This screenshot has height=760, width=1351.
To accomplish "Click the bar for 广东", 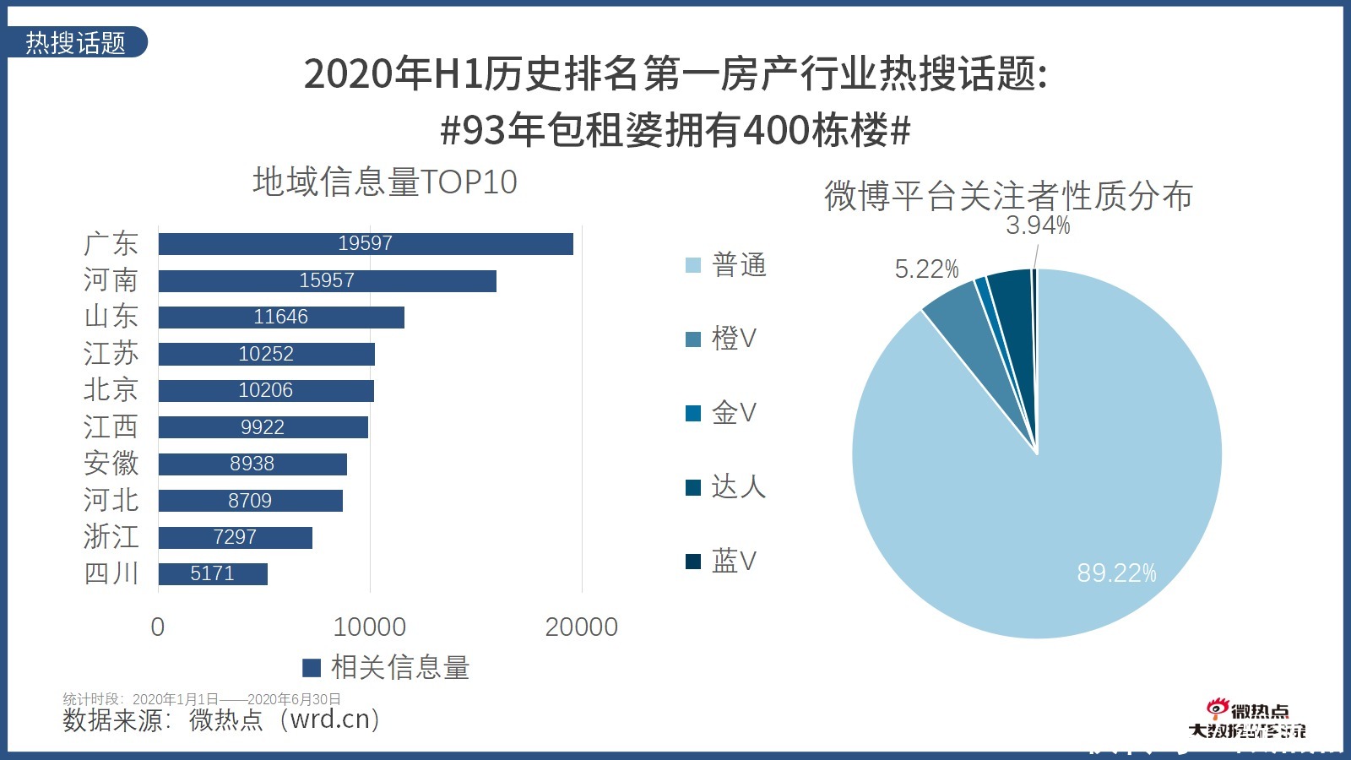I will tap(366, 244).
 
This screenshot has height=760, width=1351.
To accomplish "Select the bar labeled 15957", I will tap(327, 280).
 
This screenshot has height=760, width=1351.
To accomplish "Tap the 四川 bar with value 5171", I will tap(212, 574).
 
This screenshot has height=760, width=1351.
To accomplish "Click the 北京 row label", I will tap(111, 390).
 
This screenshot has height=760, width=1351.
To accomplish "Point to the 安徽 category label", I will tap(111, 464).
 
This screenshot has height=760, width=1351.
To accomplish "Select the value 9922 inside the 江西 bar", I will tap(263, 427).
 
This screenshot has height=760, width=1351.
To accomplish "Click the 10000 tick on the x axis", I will tap(369, 627).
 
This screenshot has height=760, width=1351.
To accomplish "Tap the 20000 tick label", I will tap(581, 627).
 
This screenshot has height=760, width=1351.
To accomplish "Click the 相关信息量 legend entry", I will tap(387, 668).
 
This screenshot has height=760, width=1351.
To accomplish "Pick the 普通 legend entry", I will tap(727, 265).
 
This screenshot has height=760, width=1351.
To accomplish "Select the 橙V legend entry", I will tap(722, 339).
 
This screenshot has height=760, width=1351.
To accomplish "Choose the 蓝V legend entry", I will tap(722, 561).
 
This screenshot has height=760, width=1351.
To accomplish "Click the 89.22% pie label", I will tap(1116, 573).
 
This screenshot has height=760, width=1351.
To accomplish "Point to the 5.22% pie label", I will tap(926, 269).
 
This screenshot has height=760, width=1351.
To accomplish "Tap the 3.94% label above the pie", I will tap(1038, 225).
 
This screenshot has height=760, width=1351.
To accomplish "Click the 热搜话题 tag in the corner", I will tap(76, 42).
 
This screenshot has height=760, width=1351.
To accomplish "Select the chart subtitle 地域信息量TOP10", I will tap(385, 182).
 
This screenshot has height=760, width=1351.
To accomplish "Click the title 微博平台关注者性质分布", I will tap(1008, 196).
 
